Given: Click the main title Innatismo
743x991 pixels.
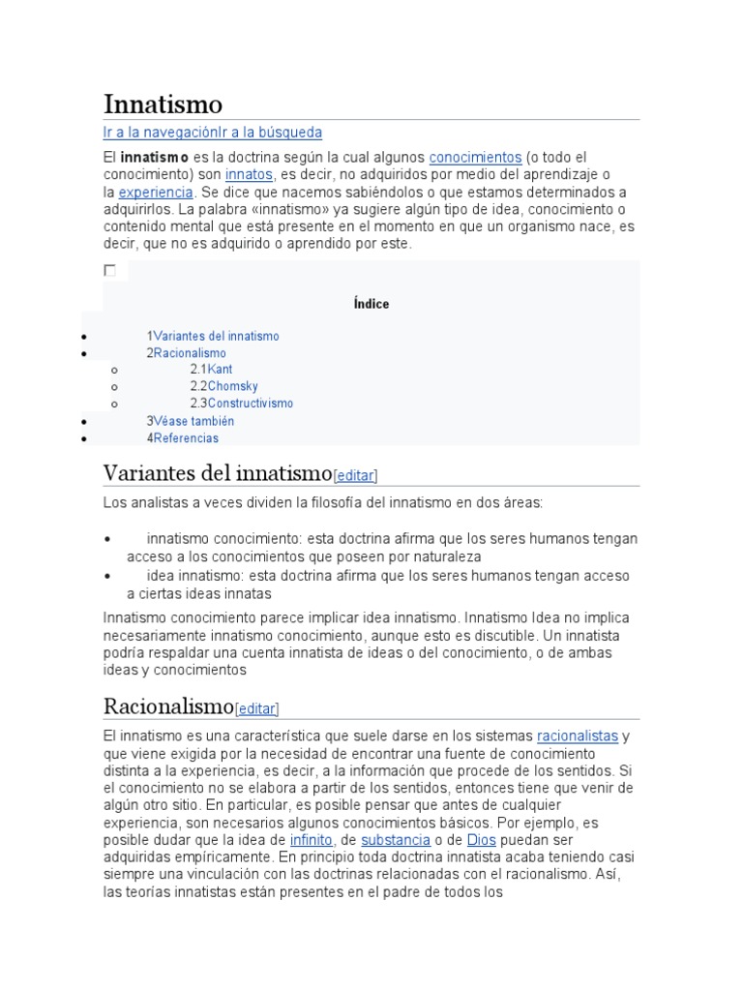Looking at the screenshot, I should [163, 104].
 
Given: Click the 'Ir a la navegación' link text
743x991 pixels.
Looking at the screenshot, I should [161, 133].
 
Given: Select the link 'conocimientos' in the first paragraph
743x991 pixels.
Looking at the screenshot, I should [475, 157].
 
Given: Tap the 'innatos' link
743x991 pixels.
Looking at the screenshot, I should [250, 174].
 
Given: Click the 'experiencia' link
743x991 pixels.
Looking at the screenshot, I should [156, 192].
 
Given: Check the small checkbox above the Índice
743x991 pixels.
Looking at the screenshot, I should [110, 271].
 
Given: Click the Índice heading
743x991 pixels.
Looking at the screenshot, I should [371, 304].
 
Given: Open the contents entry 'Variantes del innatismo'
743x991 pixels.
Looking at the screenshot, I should [216, 337].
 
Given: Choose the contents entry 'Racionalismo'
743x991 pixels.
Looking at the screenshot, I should [190, 353].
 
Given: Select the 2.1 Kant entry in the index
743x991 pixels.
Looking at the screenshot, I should [220, 370].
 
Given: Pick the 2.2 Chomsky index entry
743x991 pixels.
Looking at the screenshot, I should [232, 386].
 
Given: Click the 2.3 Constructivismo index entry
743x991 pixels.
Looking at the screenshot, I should [250, 404].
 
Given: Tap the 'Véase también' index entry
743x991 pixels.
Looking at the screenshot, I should [193, 421].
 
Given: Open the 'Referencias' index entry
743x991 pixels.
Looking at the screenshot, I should [186, 438].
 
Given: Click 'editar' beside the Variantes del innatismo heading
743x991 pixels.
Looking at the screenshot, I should [355, 476].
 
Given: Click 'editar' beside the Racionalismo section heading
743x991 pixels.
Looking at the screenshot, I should [256, 708].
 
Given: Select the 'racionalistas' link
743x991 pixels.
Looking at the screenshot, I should [578, 736].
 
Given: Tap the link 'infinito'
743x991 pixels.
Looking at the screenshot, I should [311, 840].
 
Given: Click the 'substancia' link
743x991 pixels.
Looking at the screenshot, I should [396, 840].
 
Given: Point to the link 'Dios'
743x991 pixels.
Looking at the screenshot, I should [481, 840].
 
